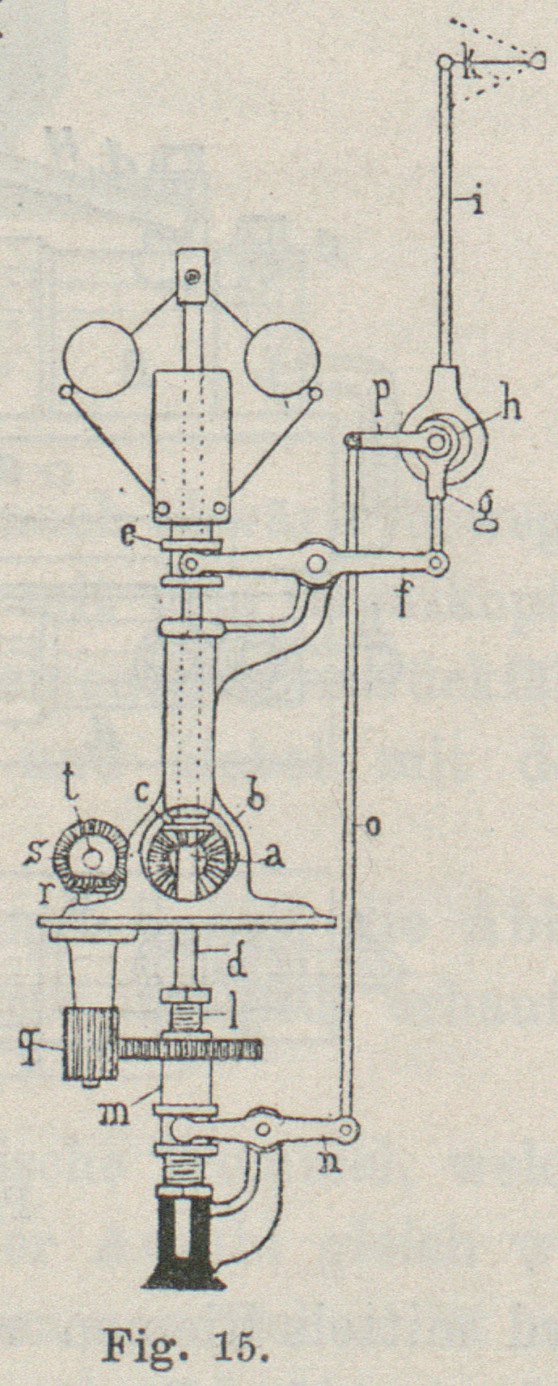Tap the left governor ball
101,359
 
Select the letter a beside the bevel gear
274,856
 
